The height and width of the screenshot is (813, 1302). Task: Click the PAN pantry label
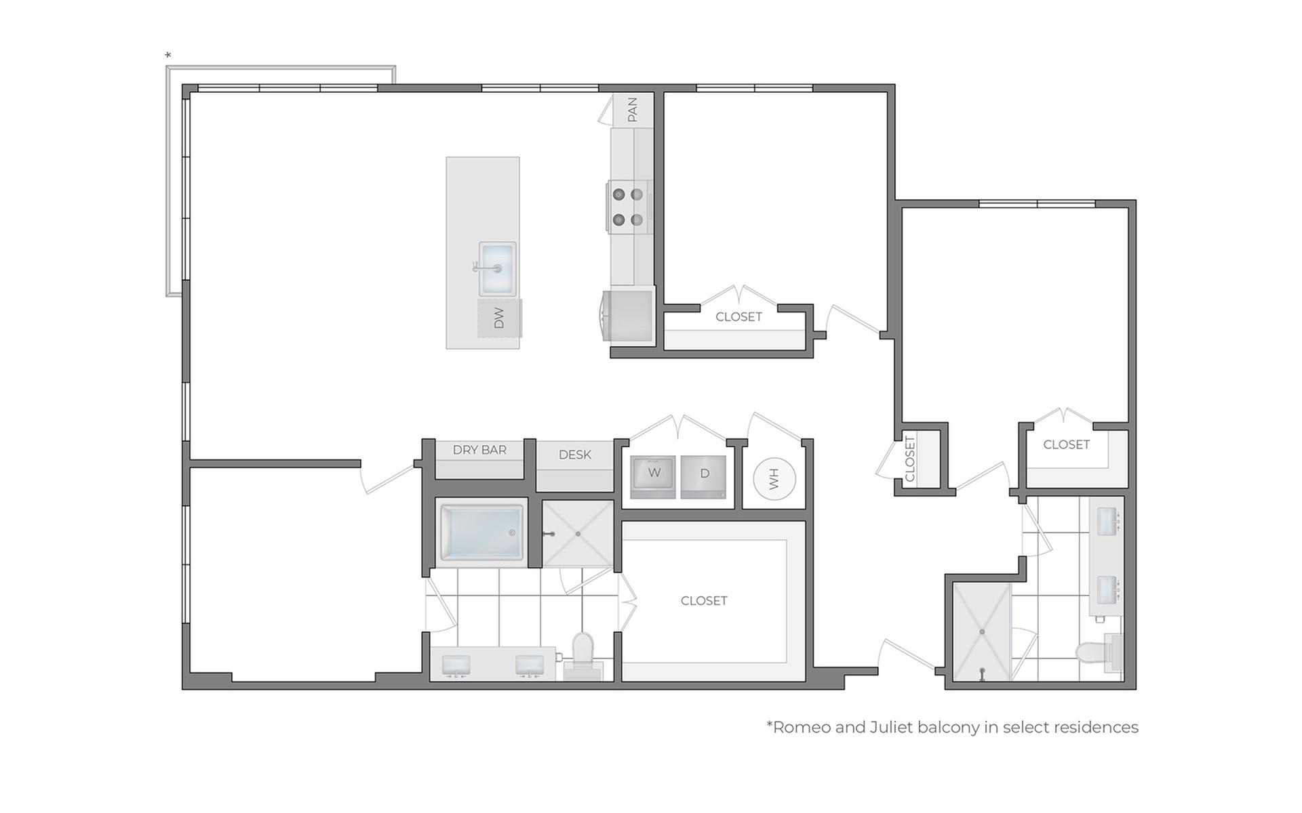632,110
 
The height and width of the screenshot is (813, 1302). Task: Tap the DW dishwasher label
499,318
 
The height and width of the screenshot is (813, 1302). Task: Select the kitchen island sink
497,269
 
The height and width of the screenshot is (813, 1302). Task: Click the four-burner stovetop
628,207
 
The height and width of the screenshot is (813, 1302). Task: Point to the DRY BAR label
479,450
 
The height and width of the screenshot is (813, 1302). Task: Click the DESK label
575,455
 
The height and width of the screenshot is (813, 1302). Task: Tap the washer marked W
654,477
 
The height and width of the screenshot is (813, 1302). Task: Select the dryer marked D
703,477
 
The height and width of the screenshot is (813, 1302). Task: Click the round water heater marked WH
774,479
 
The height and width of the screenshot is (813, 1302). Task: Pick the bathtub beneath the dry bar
481,533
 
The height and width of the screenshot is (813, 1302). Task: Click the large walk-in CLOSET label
704,601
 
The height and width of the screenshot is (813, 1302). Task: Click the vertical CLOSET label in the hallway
910,459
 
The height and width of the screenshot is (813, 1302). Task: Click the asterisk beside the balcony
168,56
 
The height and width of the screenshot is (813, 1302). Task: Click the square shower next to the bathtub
578,534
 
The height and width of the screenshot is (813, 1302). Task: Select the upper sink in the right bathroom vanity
1107,521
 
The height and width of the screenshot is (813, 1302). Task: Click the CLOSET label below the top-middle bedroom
738,317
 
